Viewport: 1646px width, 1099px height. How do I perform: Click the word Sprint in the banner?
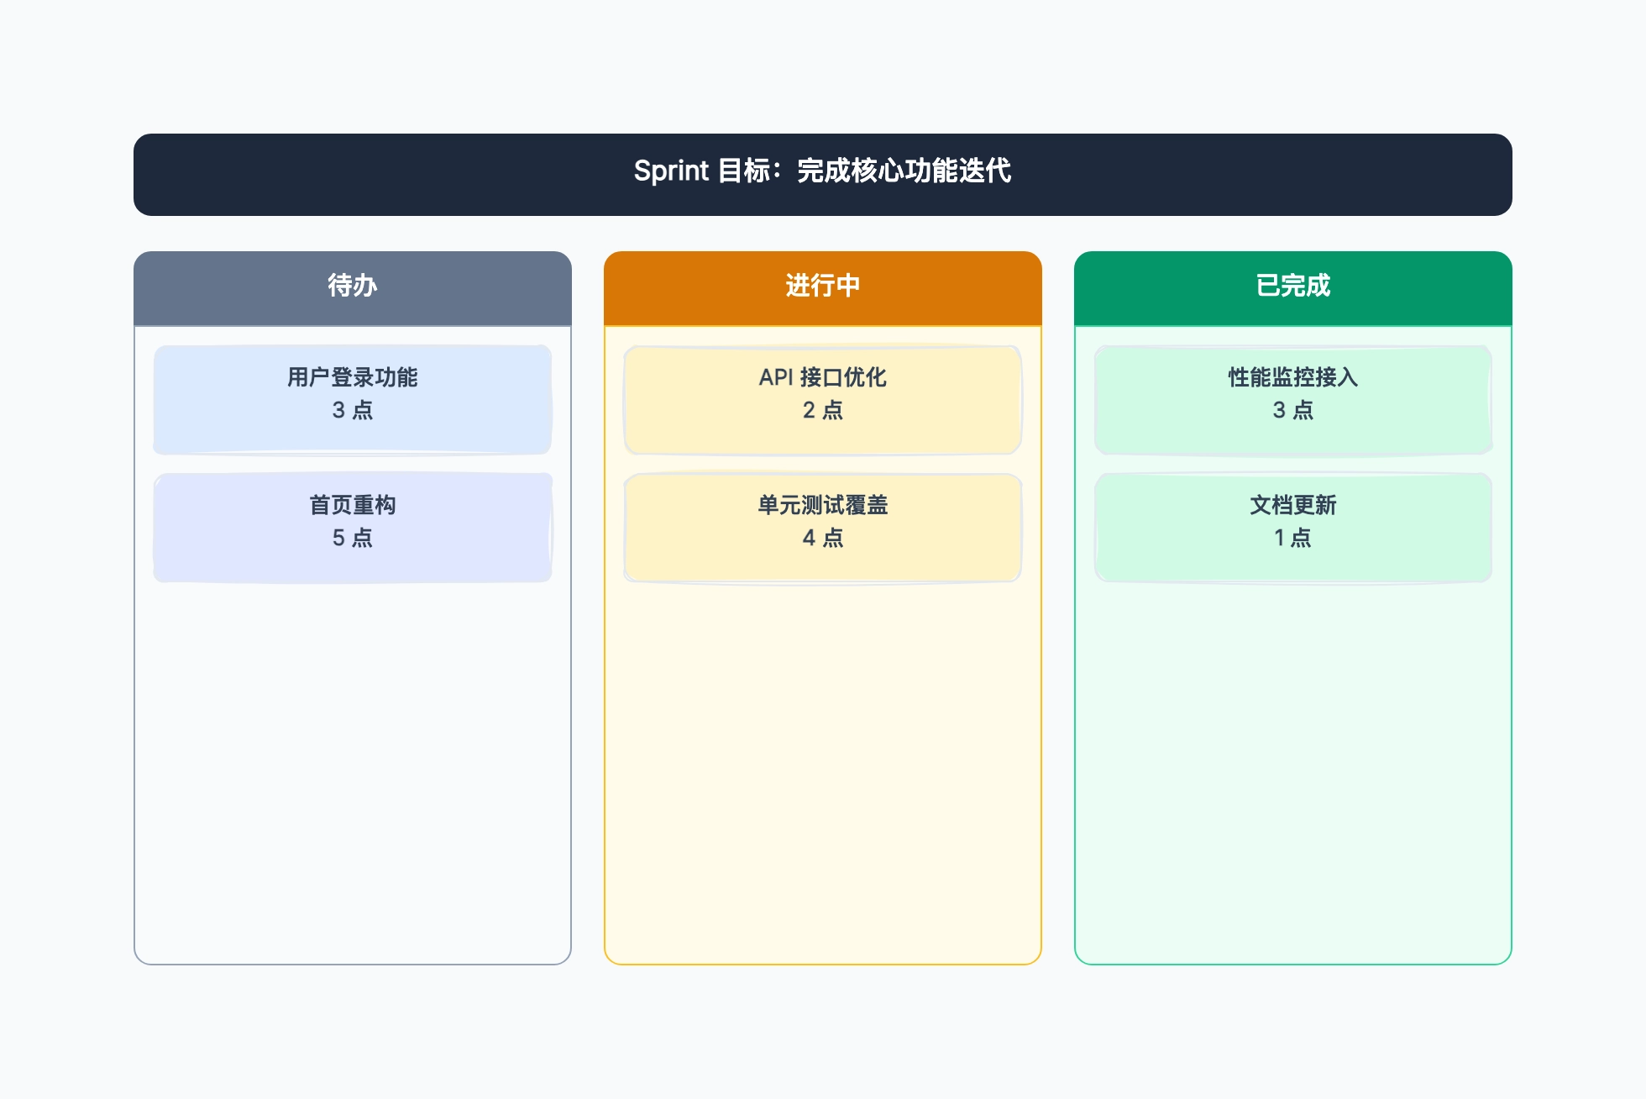[x=671, y=171]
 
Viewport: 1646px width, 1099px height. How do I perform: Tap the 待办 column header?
[x=353, y=286]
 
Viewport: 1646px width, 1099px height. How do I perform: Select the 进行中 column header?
[x=823, y=286]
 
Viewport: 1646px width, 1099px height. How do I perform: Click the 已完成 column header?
[x=1293, y=286]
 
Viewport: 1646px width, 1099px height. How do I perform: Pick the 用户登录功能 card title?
[x=353, y=377]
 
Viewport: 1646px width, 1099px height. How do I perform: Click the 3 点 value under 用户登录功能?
[x=353, y=410]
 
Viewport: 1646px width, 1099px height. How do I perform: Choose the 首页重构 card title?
[x=353, y=505]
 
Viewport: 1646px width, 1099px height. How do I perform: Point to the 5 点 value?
[x=353, y=538]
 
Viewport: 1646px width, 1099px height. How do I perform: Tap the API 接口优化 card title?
[x=823, y=377]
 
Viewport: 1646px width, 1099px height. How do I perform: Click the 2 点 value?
[x=823, y=410]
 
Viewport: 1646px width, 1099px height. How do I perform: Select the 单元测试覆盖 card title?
[x=823, y=505]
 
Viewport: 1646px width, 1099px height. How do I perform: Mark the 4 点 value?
[x=823, y=538]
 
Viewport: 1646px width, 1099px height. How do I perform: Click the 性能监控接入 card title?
[x=1293, y=377]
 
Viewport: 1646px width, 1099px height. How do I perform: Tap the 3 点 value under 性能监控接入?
[x=1293, y=410]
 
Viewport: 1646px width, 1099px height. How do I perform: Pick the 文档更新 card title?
[x=1293, y=505]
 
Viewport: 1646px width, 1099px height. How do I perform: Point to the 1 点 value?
[x=1293, y=538]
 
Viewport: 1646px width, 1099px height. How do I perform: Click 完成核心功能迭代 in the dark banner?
[x=904, y=171]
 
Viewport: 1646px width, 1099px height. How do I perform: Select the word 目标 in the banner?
[x=745, y=171]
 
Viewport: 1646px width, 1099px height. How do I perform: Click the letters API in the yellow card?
[x=776, y=377]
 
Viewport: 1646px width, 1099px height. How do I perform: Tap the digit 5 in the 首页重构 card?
[x=338, y=538]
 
